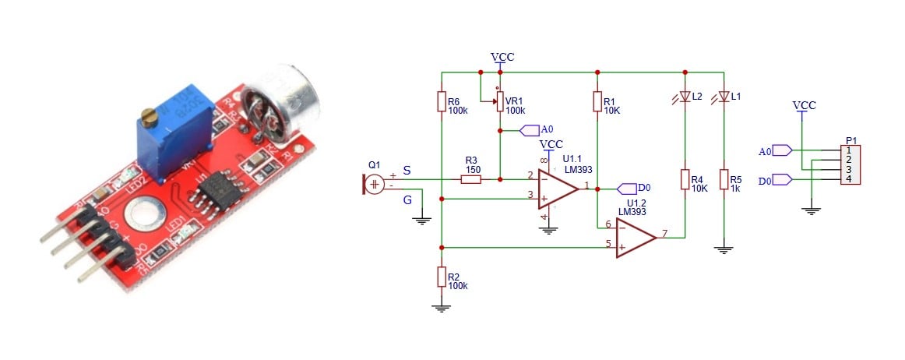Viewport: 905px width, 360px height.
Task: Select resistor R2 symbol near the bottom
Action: (442, 277)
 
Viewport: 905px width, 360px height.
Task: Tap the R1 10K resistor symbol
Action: (597, 102)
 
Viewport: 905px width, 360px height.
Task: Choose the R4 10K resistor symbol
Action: (685, 181)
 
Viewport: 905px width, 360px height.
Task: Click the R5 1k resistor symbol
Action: (724, 181)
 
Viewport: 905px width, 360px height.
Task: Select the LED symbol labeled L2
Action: (685, 97)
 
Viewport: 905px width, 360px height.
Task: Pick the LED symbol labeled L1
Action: (724, 97)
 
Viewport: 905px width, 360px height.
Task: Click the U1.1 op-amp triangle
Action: (556, 188)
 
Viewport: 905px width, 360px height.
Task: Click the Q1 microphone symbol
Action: (374, 185)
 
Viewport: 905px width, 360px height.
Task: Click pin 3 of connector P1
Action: (850, 170)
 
